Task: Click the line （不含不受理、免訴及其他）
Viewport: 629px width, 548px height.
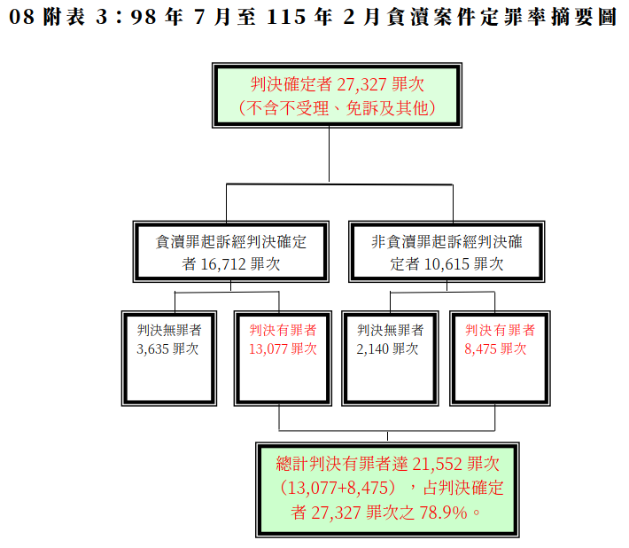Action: tap(337, 108)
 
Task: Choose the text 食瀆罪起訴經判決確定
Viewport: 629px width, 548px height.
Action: tap(231, 241)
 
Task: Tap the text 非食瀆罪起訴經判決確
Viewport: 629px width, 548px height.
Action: tap(447, 241)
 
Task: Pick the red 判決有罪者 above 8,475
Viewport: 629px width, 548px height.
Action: tap(500, 329)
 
